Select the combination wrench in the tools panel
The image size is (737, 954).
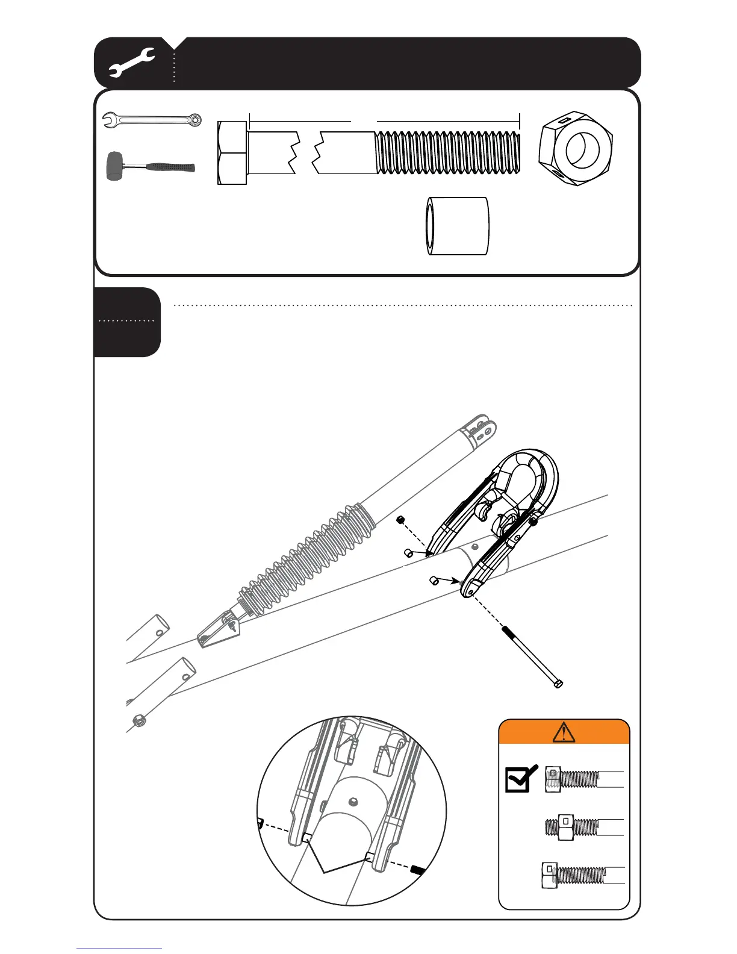(x=152, y=120)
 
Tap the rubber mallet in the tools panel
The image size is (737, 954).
(x=150, y=166)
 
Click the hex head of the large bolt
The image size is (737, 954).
(x=232, y=153)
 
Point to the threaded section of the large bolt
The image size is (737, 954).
(x=447, y=153)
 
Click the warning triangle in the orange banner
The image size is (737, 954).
(x=564, y=732)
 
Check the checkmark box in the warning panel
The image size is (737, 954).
(x=520, y=779)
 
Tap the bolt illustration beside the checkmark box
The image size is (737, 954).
(x=583, y=779)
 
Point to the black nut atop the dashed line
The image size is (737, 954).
(x=399, y=519)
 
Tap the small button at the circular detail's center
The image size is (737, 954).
(x=353, y=802)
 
